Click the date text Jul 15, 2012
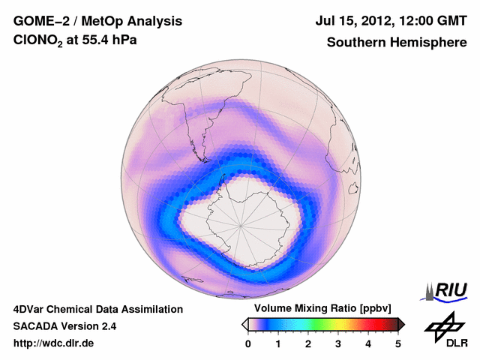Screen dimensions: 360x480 click(361, 22)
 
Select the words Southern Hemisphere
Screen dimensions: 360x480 click(396, 43)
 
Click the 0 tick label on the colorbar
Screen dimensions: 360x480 click(248, 343)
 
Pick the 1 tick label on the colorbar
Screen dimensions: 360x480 click(278, 343)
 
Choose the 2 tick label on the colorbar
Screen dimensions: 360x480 click(308, 343)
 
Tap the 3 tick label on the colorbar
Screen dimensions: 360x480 click(338, 343)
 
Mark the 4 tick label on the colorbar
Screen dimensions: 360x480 click(368, 343)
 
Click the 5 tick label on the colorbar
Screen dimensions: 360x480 click(398, 343)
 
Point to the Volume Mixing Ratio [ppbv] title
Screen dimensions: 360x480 click(323, 308)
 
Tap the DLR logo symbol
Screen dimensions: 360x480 click(442, 327)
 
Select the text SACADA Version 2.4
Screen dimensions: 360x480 click(64, 326)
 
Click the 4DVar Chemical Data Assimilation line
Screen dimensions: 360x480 click(97, 309)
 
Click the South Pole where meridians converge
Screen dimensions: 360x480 click(241, 223)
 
